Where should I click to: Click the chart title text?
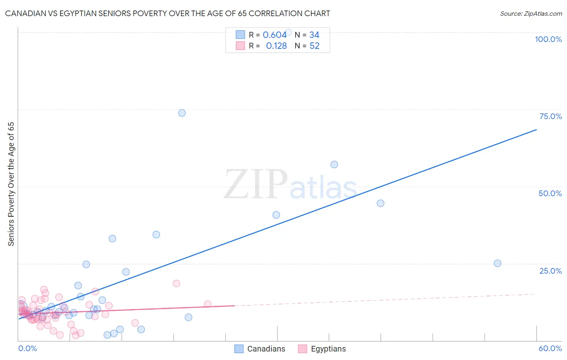point(167,13)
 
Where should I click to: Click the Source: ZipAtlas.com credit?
point(531,13)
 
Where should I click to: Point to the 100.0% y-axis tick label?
point(548,39)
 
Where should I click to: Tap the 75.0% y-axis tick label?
point(550,116)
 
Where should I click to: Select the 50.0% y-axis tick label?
point(550,193)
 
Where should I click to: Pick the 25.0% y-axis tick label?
point(550,270)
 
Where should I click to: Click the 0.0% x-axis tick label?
point(27,348)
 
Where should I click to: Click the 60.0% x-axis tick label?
point(550,348)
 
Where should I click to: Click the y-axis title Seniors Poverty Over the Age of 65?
point(11,184)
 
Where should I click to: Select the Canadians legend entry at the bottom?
point(260,349)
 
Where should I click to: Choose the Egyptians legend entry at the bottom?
point(322,349)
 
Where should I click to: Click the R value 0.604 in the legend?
point(275,35)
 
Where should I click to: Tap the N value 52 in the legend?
point(314,46)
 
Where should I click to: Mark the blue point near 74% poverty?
point(182,113)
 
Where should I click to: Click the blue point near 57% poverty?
point(334,164)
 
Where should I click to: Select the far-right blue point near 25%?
point(497,263)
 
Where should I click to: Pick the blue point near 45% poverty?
point(380,203)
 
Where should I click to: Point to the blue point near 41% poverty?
point(276,215)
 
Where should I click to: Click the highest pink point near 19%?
point(176,283)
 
